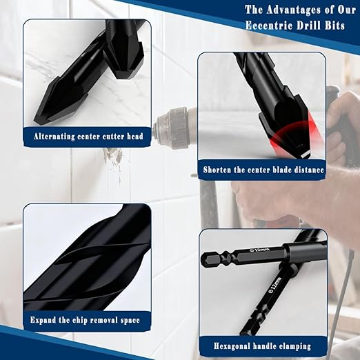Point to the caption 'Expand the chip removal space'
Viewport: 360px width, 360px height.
point(85,320)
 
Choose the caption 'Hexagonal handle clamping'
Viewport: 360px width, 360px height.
point(263,346)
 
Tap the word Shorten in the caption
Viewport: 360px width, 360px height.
point(217,168)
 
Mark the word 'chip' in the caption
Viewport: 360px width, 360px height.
point(85,320)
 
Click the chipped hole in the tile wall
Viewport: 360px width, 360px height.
point(112,159)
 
